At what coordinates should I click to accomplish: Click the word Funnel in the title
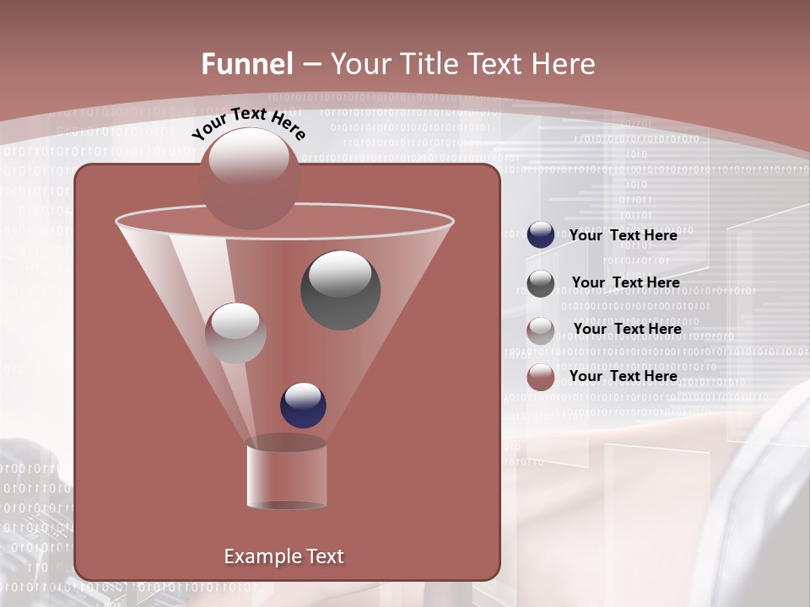tap(247, 64)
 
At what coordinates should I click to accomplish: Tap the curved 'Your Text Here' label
tap(249, 123)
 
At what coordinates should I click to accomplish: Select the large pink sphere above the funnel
tap(249, 179)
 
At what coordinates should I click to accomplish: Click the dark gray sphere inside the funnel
tap(341, 290)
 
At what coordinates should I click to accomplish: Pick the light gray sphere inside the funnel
tap(235, 333)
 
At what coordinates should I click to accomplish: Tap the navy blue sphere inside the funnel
tap(303, 405)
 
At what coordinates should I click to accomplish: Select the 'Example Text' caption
tap(283, 556)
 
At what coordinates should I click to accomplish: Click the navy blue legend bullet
tap(541, 235)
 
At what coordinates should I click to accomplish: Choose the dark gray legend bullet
tap(541, 283)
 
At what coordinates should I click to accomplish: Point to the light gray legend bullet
tap(541, 330)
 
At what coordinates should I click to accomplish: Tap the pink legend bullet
tap(541, 377)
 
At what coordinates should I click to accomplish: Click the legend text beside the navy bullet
tap(624, 235)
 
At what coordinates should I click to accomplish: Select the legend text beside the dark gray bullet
tap(625, 282)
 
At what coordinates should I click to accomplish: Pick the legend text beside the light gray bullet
tap(627, 329)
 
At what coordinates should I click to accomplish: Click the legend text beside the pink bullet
tap(624, 376)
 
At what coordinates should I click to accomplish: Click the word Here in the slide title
tap(562, 64)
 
